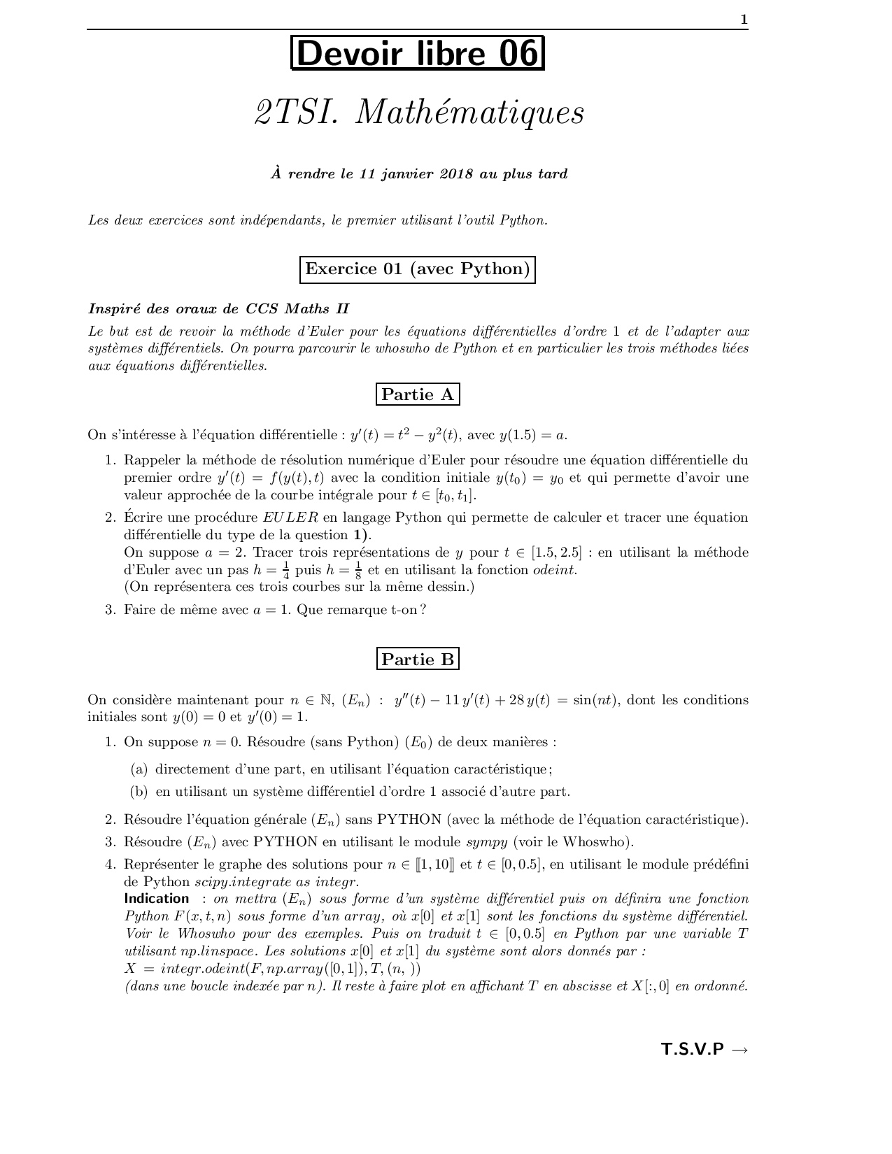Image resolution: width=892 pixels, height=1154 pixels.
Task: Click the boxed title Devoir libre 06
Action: [418, 54]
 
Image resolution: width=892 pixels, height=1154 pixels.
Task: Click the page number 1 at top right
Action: [744, 20]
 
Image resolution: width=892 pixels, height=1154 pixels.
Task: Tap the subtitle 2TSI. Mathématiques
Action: [419, 113]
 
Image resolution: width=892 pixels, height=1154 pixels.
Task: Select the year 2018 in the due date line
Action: [456, 174]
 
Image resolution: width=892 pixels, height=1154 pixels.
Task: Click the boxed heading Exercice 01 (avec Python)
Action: [418, 269]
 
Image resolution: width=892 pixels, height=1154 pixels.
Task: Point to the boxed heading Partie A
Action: [418, 394]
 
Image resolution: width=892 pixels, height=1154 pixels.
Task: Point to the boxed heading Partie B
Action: [418, 659]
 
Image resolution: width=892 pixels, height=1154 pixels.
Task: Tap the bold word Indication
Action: [157, 899]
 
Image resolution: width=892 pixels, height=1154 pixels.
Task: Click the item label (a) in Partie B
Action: [139, 769]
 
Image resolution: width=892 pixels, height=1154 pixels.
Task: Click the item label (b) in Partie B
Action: [139, 792]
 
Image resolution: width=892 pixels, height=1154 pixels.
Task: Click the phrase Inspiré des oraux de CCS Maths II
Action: [218, 308]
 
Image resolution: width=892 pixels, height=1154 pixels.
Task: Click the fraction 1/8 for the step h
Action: [358, 570]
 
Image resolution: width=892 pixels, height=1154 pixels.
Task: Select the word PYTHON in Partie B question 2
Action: [409, 820]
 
